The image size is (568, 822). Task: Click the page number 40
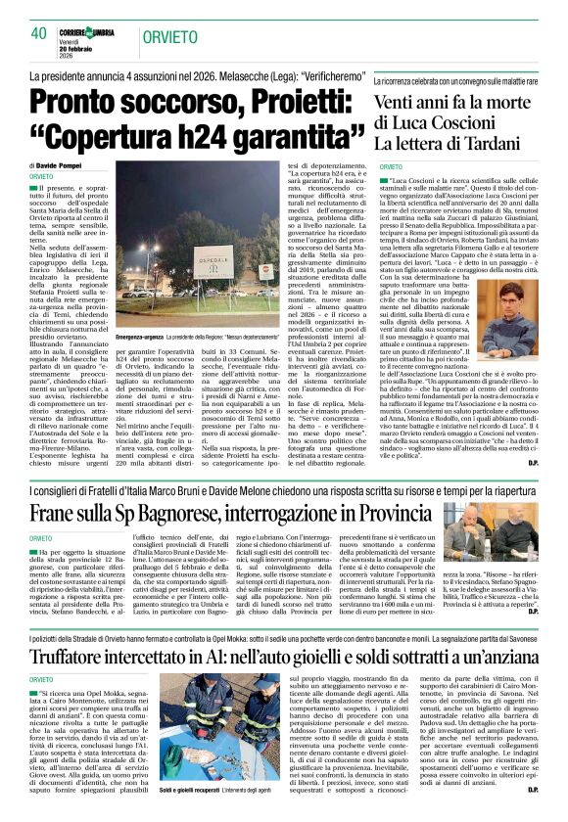(x=38, y=33)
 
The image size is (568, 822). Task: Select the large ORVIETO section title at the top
(x=169, y=37)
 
